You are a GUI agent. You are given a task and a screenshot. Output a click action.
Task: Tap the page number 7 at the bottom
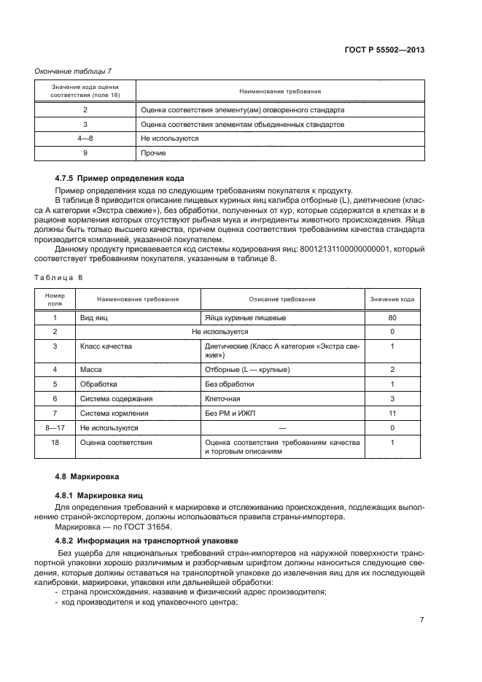(422, 619)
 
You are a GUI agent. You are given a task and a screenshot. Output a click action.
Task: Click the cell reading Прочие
(152, 153)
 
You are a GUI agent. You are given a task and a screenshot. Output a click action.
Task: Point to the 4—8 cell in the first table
(85, 139)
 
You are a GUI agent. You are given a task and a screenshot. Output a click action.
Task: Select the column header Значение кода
(392, 300)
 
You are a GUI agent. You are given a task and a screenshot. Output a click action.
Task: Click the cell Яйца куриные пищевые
(246, 319)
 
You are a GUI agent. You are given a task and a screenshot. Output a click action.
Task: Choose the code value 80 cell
(392, 319)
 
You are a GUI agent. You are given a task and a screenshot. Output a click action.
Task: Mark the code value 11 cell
(392, 413)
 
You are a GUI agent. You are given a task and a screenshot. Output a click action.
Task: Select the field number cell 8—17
(56, 427)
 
